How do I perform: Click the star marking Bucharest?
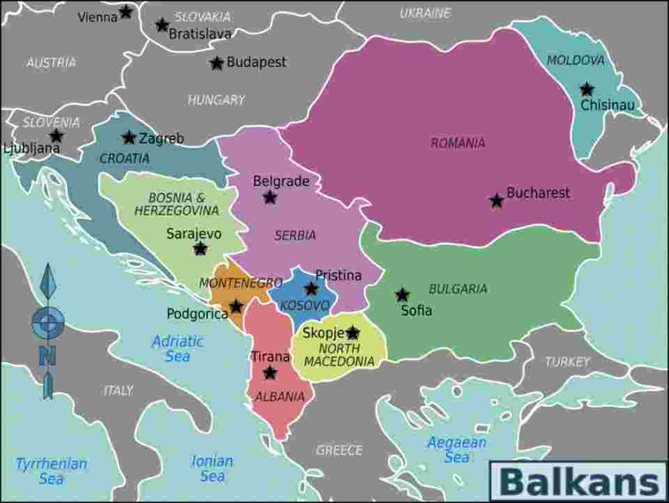click(497, 201)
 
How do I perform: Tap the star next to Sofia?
click(402, 295)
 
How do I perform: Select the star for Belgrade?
click(270, 198)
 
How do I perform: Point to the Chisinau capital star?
click(587, 89)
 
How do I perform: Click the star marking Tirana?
click(270, 373)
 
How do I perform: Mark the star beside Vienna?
click(126, 12)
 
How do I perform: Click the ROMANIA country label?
click(458, 143)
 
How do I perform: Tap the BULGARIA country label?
click(458, 289)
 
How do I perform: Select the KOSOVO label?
click(305, 305)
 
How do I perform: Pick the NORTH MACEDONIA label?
click(340, 354)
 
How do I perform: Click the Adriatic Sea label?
click(178, 348)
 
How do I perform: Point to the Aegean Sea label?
click(457, 450)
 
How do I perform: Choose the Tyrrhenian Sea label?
click(52, 471)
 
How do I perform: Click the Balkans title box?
click(579, 481)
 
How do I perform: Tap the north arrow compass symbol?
click(48, 331)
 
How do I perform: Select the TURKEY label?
click(567, 361)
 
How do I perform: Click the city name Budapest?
click(256, 62)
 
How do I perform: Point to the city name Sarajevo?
click(194, 234)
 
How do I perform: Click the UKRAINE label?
click(425, 13)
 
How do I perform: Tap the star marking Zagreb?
click(129, 138)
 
